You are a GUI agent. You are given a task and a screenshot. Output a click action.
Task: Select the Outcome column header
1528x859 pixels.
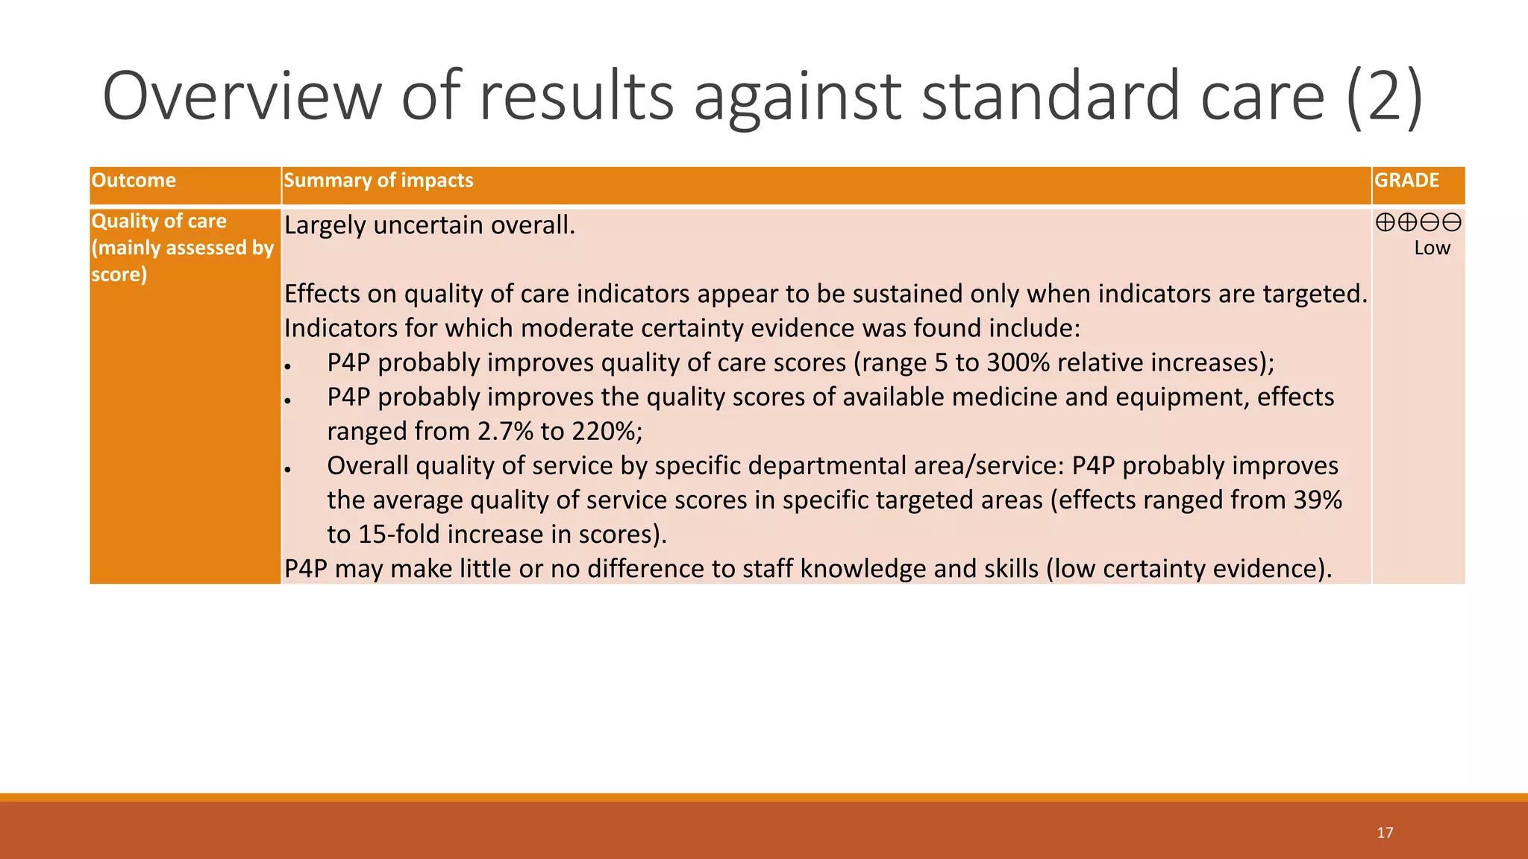tap(134, 180)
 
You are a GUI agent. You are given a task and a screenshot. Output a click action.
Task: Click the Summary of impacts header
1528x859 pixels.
tap(378, 180)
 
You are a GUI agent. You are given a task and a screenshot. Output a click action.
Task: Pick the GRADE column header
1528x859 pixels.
tap(1406, 180)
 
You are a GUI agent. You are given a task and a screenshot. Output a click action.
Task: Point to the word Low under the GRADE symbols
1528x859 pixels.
tap(1432, 248)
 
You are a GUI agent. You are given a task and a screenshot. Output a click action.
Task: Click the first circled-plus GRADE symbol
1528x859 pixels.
tap(1385, 222)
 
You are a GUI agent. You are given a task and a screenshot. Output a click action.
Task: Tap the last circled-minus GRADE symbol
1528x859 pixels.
tap(1452, 222)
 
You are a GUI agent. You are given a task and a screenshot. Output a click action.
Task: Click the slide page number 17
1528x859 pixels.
tap(1385, 833)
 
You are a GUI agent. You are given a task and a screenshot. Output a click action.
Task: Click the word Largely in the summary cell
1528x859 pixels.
tap(325, 225)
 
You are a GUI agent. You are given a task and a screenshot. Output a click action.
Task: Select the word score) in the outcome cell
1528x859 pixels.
tap(119, 274)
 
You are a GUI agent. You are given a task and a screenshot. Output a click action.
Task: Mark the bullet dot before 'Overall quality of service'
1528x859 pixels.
tap(287, 469)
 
